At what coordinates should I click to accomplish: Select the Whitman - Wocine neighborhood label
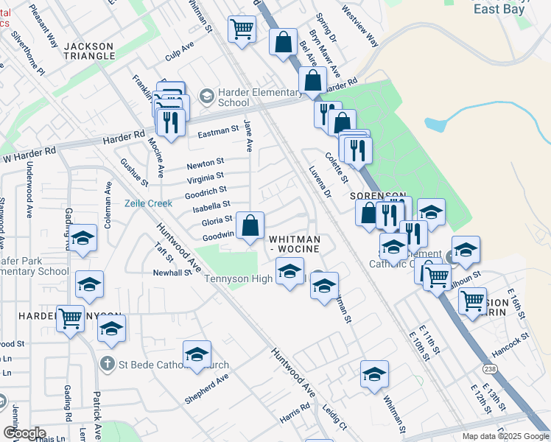[x=294, y=244]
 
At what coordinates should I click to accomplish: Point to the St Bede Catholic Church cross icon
[x=107, y=364]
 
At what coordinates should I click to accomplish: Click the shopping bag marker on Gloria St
[x=250, y=225]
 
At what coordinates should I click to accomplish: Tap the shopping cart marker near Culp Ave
[x=242, y=31]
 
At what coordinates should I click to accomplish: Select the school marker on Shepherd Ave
[x=197, y=356]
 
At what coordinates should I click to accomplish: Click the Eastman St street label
[x=219, y=133]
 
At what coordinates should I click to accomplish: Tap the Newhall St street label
[x=172, y=273]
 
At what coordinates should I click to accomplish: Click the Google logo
[x=24, y=433]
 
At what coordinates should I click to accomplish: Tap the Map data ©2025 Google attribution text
[x=505, y=436]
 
